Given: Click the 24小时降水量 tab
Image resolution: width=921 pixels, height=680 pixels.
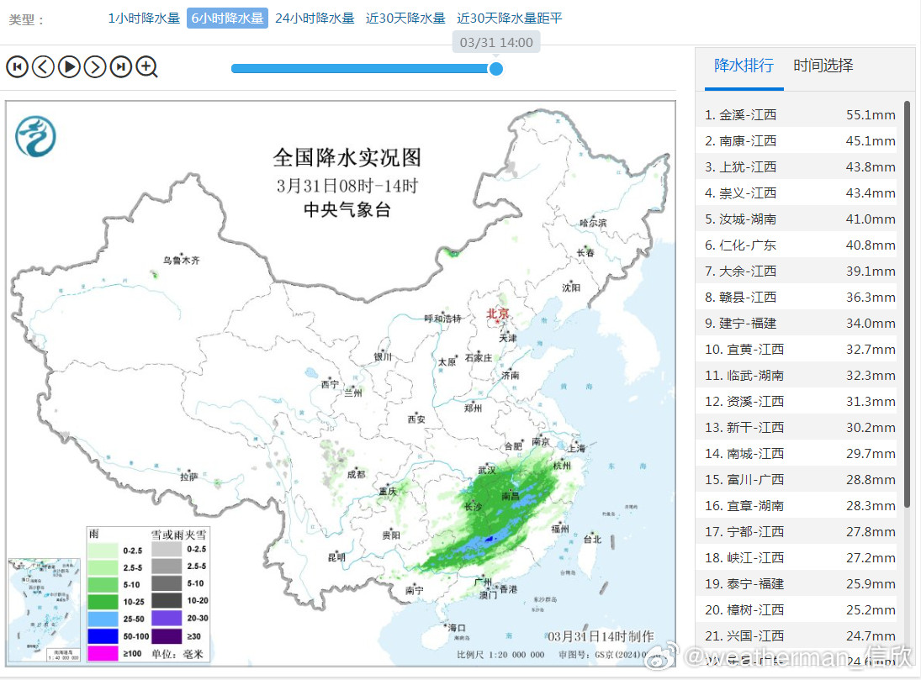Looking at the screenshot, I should point(315,18).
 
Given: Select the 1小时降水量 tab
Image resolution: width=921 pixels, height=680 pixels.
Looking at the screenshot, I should point(144,18).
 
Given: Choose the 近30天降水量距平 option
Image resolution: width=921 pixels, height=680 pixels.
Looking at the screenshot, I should point(510,18).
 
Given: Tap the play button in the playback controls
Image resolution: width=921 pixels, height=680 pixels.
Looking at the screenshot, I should point(69,66).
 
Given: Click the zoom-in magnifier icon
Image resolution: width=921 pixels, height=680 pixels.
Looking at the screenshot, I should point(147,66).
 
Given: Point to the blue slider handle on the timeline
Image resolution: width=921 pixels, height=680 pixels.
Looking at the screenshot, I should point(496,68).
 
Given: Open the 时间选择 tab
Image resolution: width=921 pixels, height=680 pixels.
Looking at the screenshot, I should point(823,66).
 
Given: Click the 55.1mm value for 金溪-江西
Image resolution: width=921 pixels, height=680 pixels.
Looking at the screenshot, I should point(871,115).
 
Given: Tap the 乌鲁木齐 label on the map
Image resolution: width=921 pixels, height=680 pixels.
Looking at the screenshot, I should point(182,261).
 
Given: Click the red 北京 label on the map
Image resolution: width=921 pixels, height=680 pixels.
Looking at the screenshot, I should point(497,314).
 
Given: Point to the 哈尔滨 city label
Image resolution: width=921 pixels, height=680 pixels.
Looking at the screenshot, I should point(592,224).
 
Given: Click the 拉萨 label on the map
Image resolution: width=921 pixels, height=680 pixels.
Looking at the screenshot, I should point(188,477).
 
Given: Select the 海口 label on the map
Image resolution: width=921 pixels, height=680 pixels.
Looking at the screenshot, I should point(457,628).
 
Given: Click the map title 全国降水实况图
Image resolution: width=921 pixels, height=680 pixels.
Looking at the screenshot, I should point(347,157).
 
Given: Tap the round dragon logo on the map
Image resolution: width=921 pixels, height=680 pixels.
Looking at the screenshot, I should point(35,136).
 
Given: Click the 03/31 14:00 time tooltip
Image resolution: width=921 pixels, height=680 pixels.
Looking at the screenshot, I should point(496,42).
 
